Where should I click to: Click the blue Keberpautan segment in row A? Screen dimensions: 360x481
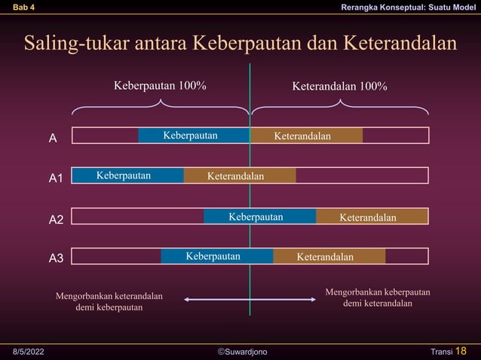tap(193, 136)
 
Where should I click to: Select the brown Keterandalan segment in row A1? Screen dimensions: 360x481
tap(240, 176)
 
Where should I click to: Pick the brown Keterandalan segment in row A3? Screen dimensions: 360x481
tap(329, 257)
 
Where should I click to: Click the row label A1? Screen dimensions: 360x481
tap(56, 178)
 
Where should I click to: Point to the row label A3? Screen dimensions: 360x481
tap(56, 259)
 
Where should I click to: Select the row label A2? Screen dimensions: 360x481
tap(56, 220)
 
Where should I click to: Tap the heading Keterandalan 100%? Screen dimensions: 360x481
tap(339, 86)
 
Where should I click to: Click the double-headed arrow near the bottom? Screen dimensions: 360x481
tap(250, 300)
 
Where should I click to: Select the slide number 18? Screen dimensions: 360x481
tap(461, 351)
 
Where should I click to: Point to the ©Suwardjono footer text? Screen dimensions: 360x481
tap(241, 352)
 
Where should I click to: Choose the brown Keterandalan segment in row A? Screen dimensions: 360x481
tap(306, 136)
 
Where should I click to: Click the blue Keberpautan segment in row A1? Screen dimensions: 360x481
tap(127, 176)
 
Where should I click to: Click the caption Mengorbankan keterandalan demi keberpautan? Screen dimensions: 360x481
tap(109, 301)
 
